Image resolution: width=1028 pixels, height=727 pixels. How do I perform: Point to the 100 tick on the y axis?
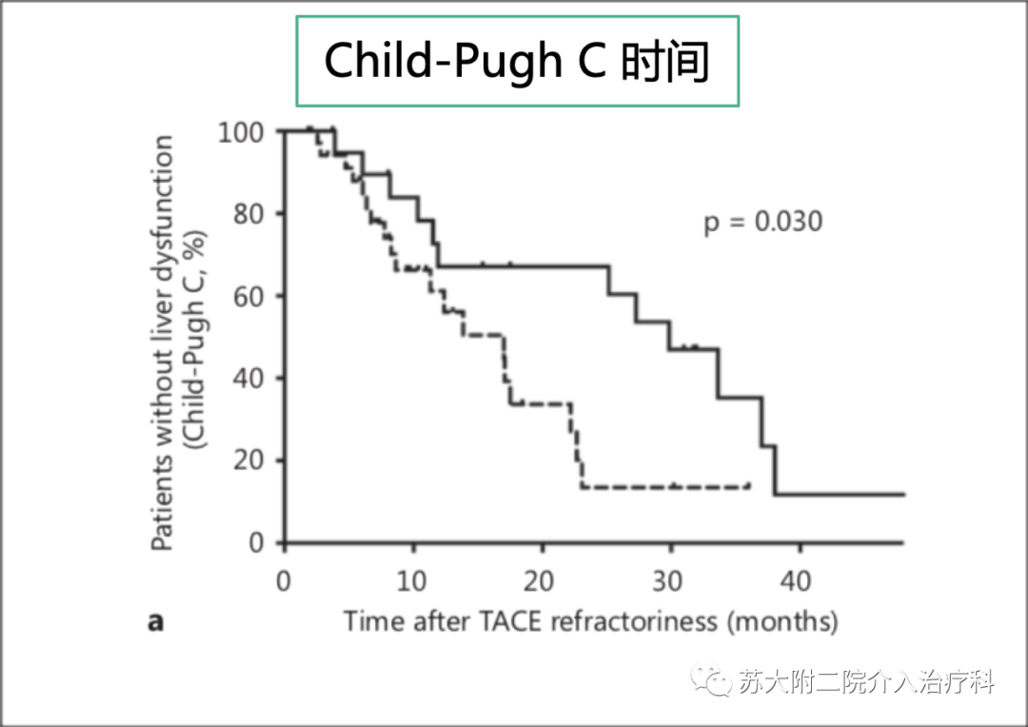tap(242, 131)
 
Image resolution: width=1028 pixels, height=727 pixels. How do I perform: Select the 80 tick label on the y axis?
tap(249, 213)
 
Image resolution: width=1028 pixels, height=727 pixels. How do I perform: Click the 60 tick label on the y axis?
tap(249, 296)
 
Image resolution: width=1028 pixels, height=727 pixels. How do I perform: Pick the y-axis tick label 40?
tap(249, 379)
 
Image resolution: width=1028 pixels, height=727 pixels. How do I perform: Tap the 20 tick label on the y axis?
tap(249, 461)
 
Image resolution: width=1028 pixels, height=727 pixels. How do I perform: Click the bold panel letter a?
tap(155, 622)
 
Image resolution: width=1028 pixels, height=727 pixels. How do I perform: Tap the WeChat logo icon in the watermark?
tap(714, 680)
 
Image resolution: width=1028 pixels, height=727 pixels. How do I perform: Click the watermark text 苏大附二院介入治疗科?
tap(866, 681)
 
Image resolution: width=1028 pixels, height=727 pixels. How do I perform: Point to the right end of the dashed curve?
tap(748, 486)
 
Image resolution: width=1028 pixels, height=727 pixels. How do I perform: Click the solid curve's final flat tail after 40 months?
tap(847, 494)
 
